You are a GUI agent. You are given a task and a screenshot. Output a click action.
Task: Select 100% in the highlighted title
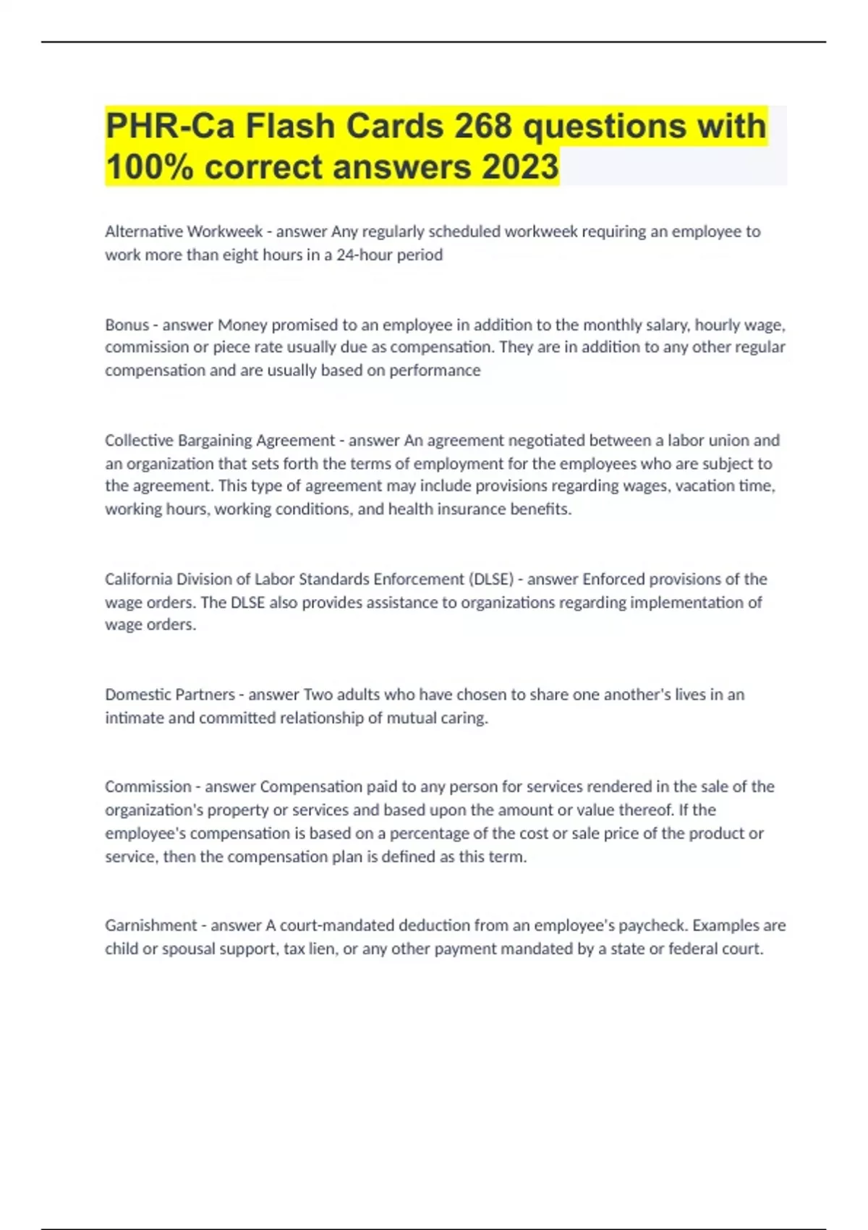pos(150,167)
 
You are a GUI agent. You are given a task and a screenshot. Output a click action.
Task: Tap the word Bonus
pos(127,325)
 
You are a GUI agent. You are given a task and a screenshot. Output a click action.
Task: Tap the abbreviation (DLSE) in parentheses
pos(491,580)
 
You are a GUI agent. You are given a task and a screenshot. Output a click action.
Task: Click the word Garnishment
pos(150,925)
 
